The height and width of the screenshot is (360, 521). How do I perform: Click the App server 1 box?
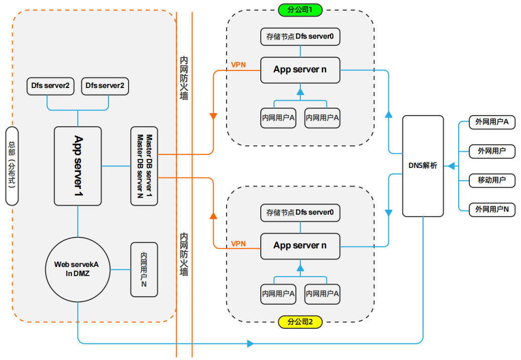(x=78, y=166)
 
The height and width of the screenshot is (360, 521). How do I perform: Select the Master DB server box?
(x=144, y=166)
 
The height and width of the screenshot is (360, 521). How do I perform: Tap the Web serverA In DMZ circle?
(x=78, y=269)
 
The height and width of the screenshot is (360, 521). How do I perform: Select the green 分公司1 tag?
(x=300, y=10)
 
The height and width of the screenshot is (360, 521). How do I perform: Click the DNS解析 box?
(x=423, y=166)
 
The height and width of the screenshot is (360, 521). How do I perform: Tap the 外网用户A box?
(x=492, y=122)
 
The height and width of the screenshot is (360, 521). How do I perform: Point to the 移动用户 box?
(x=492, y=180)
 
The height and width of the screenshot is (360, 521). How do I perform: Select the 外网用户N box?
(x=492, y=209)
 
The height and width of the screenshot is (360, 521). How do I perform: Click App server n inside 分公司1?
(x=300, y=70)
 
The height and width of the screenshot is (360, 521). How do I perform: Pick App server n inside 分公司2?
(x=300, y=246)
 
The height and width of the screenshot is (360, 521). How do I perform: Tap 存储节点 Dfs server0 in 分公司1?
(x=300, y=37)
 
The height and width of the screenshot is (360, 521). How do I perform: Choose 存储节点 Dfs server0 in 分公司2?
(x=300, y=213)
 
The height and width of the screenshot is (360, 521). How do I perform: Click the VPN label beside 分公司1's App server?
(x=238, y=65)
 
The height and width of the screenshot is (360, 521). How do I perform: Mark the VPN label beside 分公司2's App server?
(x=238, y=244)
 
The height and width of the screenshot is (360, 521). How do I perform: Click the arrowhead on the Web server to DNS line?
(x=250, y=344)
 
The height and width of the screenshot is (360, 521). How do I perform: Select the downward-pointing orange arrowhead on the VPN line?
(x=213, y=117)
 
